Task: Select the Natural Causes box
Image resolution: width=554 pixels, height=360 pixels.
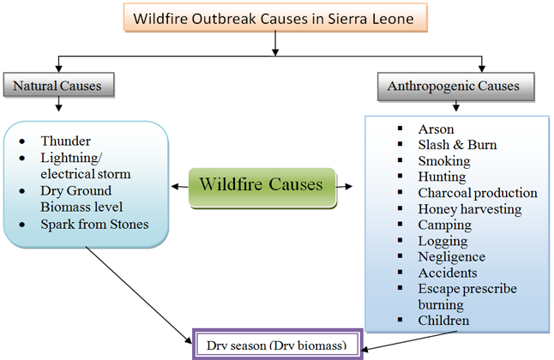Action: pos(59,86)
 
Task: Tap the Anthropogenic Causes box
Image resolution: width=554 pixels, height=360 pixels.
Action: pos(454,87)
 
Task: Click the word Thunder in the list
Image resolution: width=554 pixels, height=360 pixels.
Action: pos(65,141)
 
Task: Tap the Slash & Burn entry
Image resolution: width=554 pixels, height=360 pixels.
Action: pos(457,145)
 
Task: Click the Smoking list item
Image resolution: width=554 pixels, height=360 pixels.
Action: pos(444,161)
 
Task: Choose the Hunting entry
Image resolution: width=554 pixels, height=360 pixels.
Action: pos(443,177)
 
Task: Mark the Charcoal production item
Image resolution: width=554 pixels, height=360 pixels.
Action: pos(478,193)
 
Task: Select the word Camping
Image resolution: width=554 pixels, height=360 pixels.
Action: pos(445,225)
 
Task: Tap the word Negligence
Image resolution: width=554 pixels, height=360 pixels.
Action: pos(452,256)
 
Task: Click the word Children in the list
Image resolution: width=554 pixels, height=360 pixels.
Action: pos(444,321)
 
